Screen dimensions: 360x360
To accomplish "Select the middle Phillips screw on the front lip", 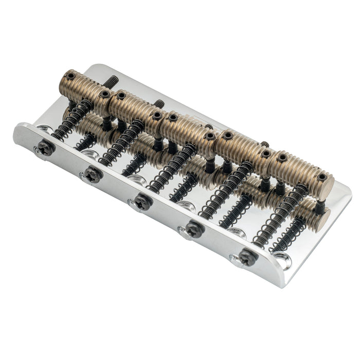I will click(142, 201).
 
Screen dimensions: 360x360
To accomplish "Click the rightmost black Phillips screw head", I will click(247, 257).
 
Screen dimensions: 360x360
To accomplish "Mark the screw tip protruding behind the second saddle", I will click(159, 103).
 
